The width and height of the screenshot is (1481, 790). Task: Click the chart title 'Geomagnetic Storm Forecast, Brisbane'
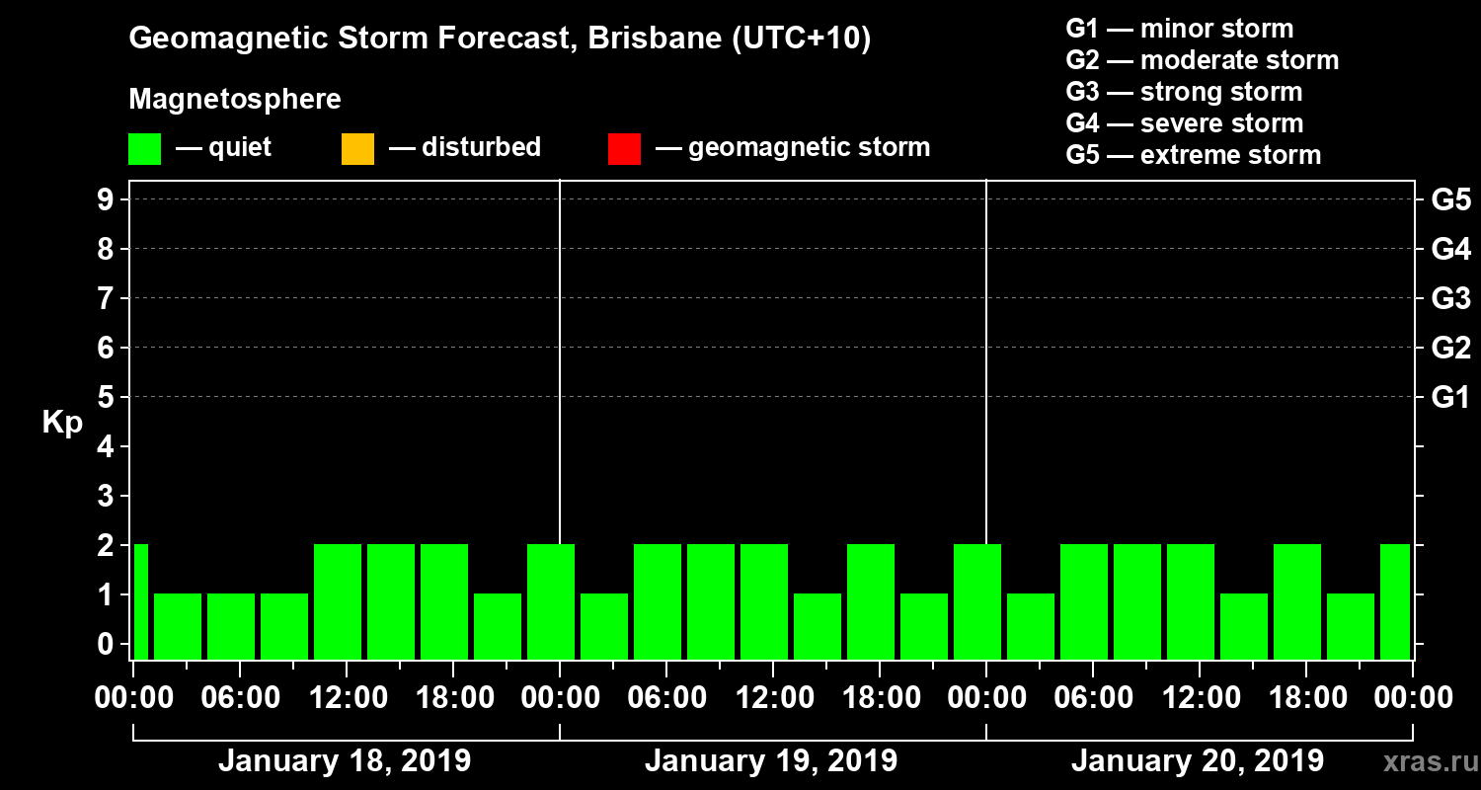click(500, 39)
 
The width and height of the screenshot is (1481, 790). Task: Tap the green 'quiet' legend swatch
click(144, 149)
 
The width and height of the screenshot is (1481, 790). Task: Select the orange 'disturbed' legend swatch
click(357, 149)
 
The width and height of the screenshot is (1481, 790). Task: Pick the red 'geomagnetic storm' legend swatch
click(624, 149)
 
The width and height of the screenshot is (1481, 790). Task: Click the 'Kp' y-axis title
click(62, 423)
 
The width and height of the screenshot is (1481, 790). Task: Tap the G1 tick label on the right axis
click(1450, 398)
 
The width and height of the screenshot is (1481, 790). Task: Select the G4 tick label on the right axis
click(1450, 250)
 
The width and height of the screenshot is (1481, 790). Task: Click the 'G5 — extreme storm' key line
click(1193, 155)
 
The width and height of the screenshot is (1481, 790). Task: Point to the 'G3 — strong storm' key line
click(1184, 92)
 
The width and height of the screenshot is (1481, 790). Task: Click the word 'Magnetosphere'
click(235, 100)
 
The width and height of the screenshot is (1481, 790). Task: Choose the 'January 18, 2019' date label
click(344, 761)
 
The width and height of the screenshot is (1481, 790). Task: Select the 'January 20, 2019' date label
click(1197, 761)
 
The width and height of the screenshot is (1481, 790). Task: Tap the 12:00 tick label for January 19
click(773, 698)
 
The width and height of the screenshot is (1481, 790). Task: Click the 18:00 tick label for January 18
click(453, 698)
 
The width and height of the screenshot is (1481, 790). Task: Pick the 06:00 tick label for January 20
click(1093, 698)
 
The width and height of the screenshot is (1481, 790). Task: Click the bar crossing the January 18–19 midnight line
click(551, 600)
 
